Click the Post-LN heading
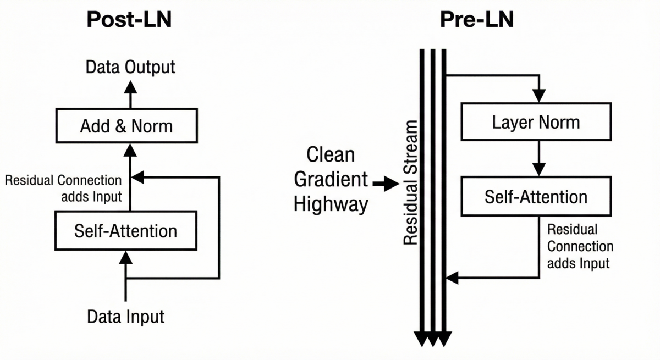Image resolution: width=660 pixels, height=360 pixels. pos(129,20)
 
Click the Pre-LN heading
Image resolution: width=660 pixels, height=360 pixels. pos(476,20)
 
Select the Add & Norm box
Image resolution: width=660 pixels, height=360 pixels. pos(126,126)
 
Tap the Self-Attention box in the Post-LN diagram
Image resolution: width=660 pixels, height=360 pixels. pos(126,230)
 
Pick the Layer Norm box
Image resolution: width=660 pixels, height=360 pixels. pos(536,121)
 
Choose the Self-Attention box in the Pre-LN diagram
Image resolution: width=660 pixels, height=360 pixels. pos(536,196)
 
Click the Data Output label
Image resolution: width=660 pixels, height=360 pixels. pos(130,67)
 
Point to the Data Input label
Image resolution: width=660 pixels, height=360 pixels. pos(126,317)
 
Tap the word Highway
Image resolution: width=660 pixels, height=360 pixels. pos(331,204)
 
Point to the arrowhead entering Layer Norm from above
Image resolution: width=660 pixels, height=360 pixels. pos(540,96)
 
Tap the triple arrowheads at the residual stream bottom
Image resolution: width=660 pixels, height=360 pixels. pos(432,339)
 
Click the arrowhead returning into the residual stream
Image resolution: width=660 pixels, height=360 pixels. pos(452,278)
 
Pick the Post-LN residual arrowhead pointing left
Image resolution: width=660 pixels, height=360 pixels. pos(137,177)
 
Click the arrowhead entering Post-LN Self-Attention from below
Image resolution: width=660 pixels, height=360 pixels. pos(126,257)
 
